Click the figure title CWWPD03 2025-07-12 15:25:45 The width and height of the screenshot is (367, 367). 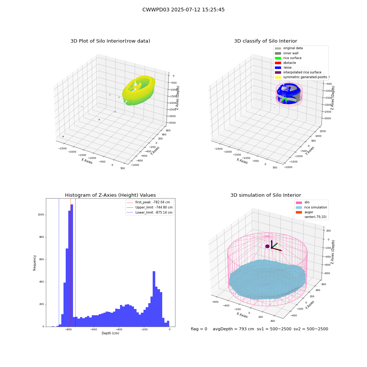point(183,10)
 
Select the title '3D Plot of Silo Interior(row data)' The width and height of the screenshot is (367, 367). point(110,41)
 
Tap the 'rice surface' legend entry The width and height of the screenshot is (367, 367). point(288,58)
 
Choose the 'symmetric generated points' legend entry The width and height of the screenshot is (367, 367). point(301,77)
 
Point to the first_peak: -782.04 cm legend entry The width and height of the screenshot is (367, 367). point(148,202)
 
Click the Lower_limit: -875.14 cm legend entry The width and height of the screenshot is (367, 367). point(149,212)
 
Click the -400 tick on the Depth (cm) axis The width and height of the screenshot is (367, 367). point(119,329)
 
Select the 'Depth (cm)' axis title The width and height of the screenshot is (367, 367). point(110,333)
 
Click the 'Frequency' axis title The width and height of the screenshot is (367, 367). point(34,263)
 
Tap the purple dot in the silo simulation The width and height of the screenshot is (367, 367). point(267,246)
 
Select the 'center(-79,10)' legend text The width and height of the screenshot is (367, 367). point(315,217)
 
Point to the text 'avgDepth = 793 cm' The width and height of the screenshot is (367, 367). point(233,329)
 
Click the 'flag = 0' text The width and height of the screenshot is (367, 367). point(199,329)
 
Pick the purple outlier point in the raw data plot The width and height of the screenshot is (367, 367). point(63,137)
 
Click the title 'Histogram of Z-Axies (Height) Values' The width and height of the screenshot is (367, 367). point(110,195)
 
